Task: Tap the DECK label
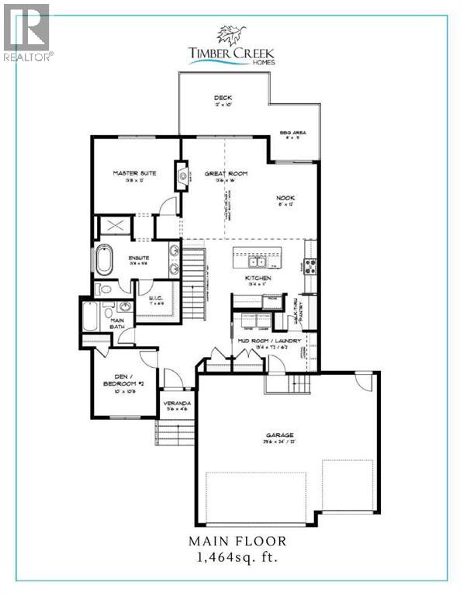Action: point(223,98)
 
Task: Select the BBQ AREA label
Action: point(293,133)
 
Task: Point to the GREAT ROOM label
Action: point(226,174)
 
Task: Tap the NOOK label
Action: point(286,197)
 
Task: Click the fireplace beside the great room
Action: point(182,175)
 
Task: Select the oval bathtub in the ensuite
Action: point(104,259)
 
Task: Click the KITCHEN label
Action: point(258,277)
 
